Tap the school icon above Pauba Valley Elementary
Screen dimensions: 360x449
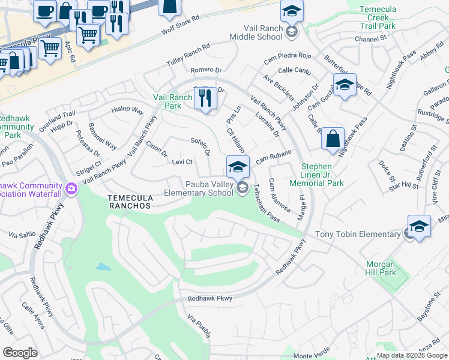point(238,166)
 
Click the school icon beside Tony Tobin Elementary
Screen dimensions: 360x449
point(419,227)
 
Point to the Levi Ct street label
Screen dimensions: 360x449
point(181,162)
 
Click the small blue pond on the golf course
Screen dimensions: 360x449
point(103,266)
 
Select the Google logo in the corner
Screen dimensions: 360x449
point(20,353)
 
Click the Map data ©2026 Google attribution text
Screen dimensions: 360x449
point(412,355)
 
